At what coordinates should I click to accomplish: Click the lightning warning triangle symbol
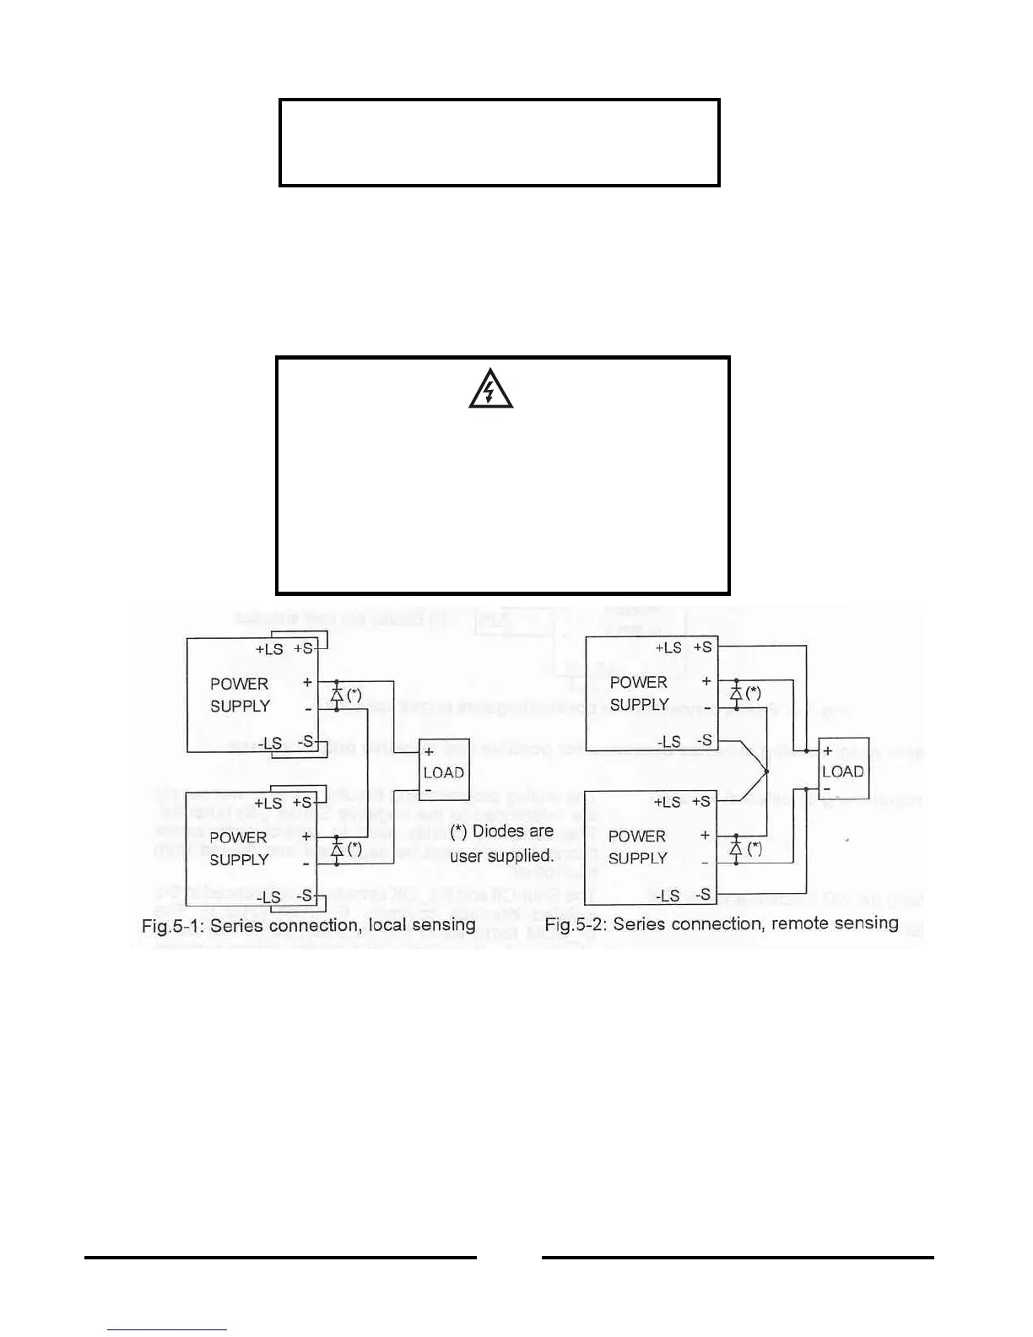[x=490, y=391]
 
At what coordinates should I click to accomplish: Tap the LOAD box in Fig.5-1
[x=444, y=771]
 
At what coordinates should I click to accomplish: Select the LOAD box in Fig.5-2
[x=843, y=769]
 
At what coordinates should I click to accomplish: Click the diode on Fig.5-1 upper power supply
[x=337, y=696]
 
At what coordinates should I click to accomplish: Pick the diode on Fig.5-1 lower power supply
[x=337, y=849]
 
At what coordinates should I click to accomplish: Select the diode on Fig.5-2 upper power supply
[x=736, y=694]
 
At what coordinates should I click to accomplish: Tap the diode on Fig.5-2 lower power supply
[x=736, y=848]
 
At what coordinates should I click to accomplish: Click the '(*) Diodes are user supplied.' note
[x=501, y=843]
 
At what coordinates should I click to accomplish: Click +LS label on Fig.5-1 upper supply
[x=269, y=649]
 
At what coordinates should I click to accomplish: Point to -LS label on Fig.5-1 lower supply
[x=269, y=896]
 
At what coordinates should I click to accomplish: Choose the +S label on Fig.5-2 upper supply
[x=702, y=647]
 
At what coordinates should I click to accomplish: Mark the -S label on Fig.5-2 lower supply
[x=702, y=895]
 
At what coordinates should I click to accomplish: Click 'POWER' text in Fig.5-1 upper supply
[x=239, y=684]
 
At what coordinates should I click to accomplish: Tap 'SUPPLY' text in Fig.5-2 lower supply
[x=638, y=858]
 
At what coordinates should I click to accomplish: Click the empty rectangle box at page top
[x=499, y=143]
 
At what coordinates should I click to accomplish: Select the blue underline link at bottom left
[x=167, y=1329]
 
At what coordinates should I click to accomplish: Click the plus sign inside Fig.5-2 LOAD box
[x=828, y=750]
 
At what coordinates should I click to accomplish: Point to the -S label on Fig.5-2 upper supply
[x=703, y=741]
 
